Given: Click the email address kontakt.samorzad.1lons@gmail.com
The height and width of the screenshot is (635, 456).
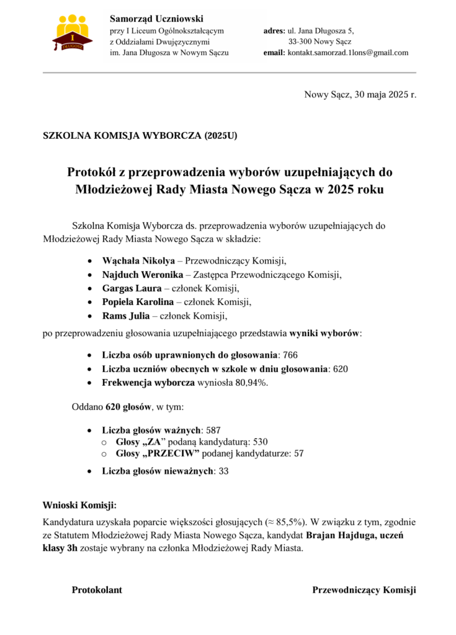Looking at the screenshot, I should (x=347, y=53).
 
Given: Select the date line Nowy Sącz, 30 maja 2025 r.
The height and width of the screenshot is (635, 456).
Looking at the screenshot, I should (x=360, y=95).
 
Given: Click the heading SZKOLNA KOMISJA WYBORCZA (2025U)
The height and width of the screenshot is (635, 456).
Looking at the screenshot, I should (x=140, y=135).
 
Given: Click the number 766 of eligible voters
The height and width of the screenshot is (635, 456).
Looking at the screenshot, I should (x=290, y=355).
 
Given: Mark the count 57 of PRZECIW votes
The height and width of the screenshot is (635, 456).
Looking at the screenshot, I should (x=298, y=453).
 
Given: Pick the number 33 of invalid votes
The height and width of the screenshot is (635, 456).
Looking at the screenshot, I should (x=224, y=471).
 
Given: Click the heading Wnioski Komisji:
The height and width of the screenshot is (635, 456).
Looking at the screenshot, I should (x=79, y=505).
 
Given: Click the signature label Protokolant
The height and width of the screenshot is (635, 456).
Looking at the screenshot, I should (x=97, y=590).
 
